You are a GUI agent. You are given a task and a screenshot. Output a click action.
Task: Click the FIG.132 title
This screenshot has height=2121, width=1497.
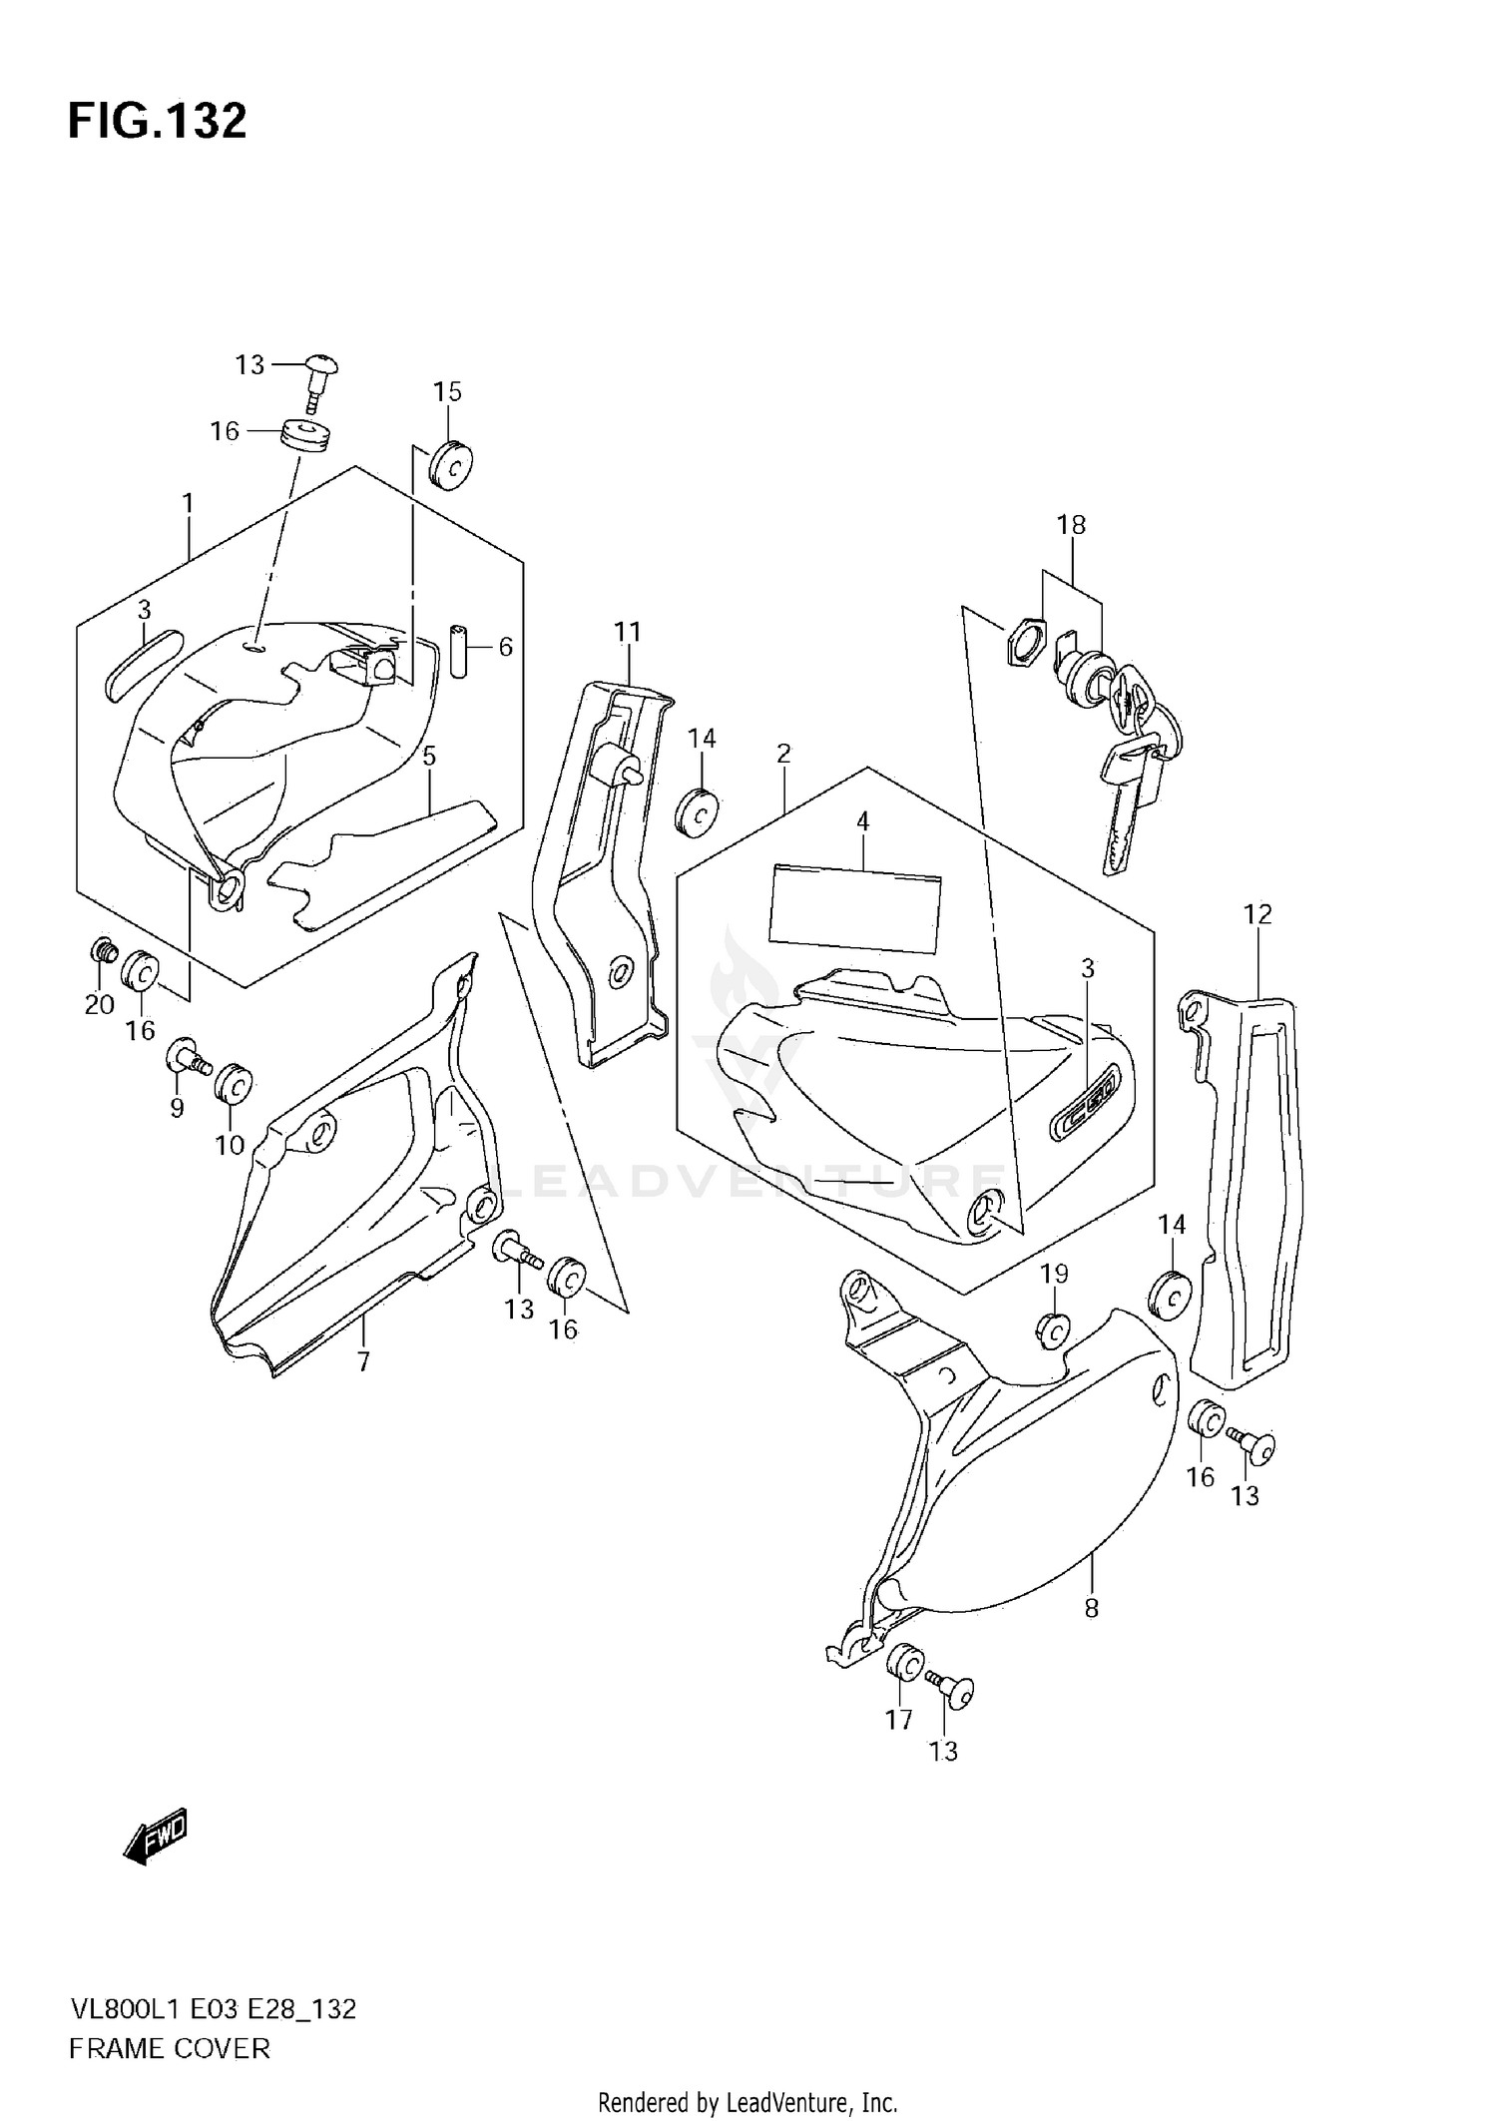(157, 121)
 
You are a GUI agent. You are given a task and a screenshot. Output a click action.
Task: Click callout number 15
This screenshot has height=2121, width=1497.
(447, 391)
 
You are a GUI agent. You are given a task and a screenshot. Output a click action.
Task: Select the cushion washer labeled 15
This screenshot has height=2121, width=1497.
(450, 466)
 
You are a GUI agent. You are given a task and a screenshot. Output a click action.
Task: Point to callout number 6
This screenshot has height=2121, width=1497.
(505, 647)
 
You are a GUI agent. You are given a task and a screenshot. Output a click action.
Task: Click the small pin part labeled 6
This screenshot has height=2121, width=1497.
(459, 651)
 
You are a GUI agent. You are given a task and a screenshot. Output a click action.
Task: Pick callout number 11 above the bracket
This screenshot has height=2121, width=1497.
(627, 632)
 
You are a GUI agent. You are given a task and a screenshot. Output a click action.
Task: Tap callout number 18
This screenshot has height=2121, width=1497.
(1072, 524)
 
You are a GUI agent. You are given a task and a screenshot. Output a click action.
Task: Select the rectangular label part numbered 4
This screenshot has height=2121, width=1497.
(855, 906)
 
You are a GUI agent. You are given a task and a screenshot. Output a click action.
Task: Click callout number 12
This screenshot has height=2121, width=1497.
(1257, 913)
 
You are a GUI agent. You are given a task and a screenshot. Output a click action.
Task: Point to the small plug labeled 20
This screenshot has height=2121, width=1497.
(100, 949)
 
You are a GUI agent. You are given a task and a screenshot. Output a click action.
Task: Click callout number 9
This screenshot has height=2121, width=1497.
(177, 1108)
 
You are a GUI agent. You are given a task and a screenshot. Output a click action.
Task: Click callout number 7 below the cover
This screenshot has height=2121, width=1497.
(363, 1361)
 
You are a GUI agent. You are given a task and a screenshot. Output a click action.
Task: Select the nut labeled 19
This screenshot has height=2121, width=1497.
(1052, 1329)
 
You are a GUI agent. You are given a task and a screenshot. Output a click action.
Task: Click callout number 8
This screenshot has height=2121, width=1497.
(1091, 1608)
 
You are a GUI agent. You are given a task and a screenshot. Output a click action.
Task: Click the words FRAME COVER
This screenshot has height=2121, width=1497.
(170, 2048)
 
